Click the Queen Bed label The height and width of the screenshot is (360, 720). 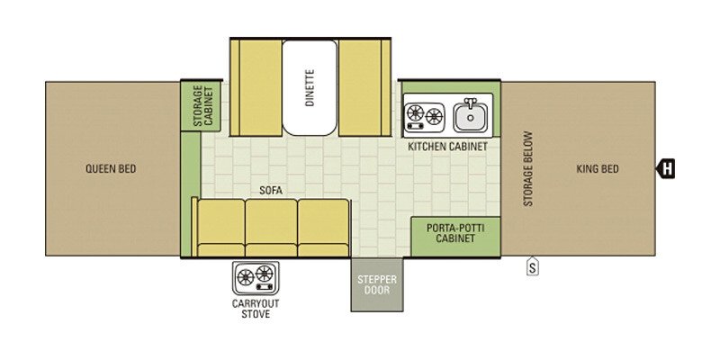pyautogui.click(x=111, y=169)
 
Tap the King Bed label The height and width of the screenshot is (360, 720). pyautogui.click(x=598, y=169)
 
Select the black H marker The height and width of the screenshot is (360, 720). pyautogui.click(x=665, y=168)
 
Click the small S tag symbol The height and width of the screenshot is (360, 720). pyautogui.click(x=533, y=266)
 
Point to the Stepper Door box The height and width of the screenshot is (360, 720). pyautogui.click(x=377, y=284)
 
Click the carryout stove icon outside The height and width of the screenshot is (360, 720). pyautogui.click(x=256, y=278)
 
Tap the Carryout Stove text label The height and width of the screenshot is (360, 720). pyautogui.click(x=256, y=309)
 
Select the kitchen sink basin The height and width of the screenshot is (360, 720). pyautogui.click(x=470, y=118)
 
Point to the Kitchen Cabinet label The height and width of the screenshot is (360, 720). pyautogui.click(x=447, y=147)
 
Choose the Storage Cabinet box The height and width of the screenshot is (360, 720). pyautogui.click(x=202, y=105)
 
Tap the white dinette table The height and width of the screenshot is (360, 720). pyautogui.click(x=310, y=87)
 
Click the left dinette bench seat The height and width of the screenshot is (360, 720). pyautogui.click(x=256, y=87)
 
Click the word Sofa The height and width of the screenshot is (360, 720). pyautogui.click(x=271, y=191)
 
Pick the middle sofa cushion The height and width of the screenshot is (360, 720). pyautogui.click(x=271, y=228)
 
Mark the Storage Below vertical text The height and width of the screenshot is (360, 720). pyautogui.click(x=528, y=168)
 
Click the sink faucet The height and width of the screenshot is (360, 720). pyautogui.click(x=470, y=103)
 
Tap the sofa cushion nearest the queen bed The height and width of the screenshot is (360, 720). pyautogui.click(x=220, y=228)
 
